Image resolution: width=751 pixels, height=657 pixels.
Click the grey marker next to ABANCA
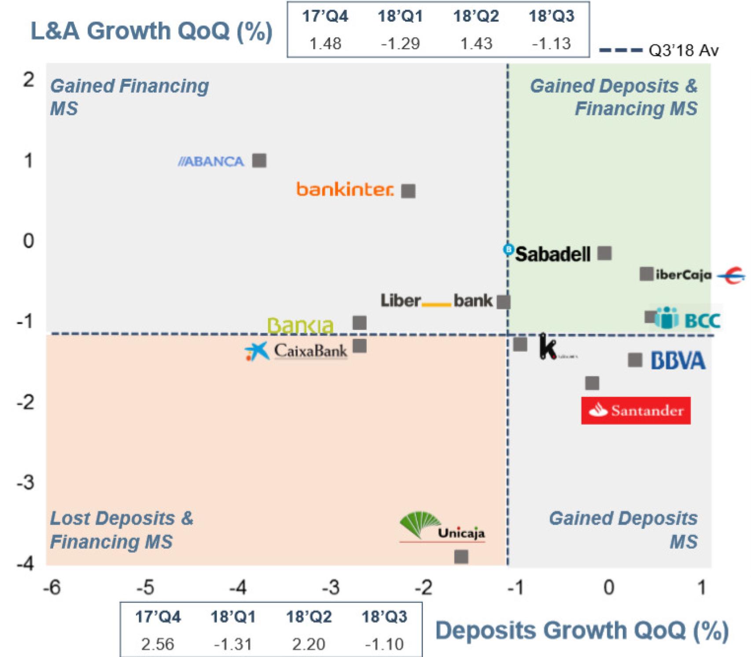259,161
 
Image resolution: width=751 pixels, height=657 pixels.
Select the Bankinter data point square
408,191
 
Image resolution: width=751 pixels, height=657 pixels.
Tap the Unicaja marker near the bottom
461,557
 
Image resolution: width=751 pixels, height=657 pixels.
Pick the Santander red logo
636,411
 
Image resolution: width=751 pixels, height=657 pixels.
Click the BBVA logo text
678,361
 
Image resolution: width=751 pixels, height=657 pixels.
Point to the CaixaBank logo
296,351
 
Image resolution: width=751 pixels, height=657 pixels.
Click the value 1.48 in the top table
325,44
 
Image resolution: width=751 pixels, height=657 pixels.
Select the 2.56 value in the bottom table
158,644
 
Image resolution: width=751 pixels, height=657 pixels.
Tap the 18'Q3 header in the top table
551,16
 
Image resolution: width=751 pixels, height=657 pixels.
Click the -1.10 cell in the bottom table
384,644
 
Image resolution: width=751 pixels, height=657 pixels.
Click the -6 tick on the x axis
52,587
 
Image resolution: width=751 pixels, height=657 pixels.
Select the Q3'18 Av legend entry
659,51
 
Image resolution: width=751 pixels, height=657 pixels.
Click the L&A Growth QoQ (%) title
151,31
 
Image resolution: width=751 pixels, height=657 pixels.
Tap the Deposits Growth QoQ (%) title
582,630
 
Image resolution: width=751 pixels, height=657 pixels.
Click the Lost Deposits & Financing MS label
121,530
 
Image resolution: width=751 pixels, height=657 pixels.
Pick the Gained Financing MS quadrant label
129,97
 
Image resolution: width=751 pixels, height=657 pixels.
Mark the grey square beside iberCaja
646,274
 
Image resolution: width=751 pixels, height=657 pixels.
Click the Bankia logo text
301,326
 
